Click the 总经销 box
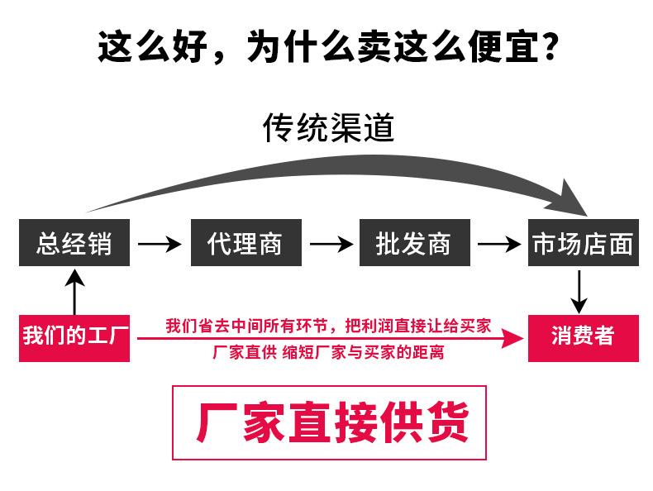coord(74,243)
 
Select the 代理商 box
coord(245,243)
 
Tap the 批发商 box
coord(413,243)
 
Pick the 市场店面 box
coord(582,243)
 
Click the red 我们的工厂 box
coord(74,337)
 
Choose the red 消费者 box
coord(582,337)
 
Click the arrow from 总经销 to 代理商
coord(160,244)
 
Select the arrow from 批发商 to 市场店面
coord(499,244)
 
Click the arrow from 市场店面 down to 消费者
coord(581,290)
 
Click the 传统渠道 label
coord(328,127)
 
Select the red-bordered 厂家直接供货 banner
coord(328,422)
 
